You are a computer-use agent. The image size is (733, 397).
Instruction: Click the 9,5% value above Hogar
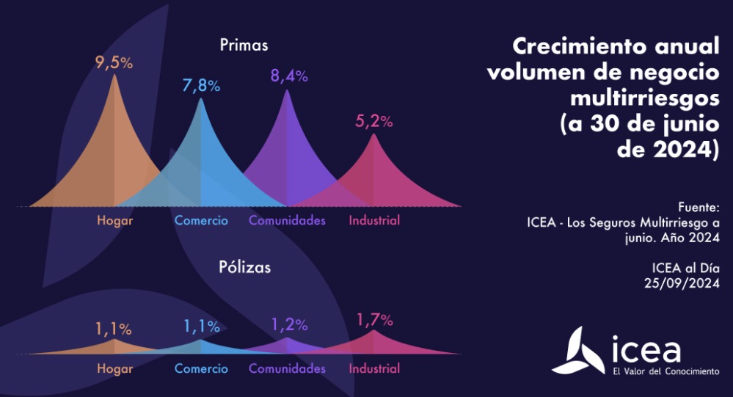(114, 62)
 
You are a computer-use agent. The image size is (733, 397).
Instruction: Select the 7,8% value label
(201, 85)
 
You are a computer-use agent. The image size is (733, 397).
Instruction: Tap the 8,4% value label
(288, 76)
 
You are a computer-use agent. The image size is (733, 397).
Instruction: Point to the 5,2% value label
(374, 122)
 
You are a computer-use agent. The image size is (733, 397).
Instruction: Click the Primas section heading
(244, 45)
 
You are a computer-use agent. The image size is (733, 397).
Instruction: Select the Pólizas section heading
(244, 267)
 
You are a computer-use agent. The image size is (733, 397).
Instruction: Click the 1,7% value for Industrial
(375, 320)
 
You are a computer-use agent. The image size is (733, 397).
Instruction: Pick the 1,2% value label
(289, 324)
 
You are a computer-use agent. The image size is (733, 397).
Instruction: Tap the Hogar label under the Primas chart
(114, 220)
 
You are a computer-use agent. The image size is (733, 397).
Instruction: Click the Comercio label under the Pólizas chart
(201, 368)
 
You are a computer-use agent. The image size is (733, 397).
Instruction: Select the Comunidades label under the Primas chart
(287, 220)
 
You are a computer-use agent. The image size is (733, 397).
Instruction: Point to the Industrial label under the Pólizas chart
(374, 368)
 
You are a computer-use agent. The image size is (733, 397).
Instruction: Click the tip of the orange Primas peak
(114, 75)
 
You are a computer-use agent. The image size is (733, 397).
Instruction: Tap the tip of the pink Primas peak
(374, 135)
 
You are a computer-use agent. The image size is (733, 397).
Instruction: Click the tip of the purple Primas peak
(287, 90)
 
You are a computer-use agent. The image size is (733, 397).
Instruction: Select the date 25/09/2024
(683, 282)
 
